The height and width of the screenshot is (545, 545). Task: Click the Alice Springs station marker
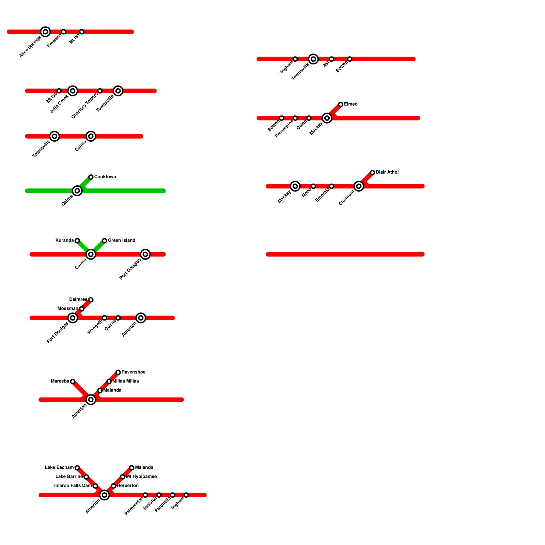[45, 32]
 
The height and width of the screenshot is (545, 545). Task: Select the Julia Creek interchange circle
[73, 91]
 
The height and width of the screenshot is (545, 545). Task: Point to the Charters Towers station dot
[100, 91]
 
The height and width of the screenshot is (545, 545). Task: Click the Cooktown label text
[105, 177]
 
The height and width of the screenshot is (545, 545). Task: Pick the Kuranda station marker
[77, 240]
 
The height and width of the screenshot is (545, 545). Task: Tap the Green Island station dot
[105, 240]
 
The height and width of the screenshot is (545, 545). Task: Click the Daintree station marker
[91, 300]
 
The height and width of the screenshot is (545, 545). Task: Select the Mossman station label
[68, 309]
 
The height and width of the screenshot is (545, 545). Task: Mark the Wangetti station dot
[105, 318]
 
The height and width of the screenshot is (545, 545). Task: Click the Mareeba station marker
[73, 381]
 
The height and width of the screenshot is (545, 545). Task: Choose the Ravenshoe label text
[134, 372]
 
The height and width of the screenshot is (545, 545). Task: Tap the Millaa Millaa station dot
[109, 381]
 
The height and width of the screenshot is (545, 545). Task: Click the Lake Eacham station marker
[77, 468]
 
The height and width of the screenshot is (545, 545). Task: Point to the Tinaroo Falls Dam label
[72, 486]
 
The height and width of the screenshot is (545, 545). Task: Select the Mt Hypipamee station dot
[123, 477]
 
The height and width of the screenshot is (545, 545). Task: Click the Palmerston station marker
[145, 495]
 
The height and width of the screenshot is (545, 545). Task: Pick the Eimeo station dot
[341, 104]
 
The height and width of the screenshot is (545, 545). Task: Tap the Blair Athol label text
[387, 172]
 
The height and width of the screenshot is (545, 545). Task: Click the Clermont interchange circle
[359, 186]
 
